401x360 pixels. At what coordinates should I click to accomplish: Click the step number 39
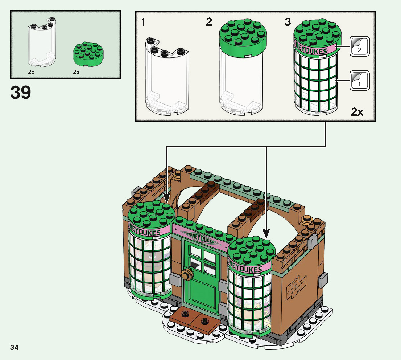pos(21,93)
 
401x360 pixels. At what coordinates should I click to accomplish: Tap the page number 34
pos(15,348)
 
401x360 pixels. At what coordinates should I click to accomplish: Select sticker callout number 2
pos(359,46)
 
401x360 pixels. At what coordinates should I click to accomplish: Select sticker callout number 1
pos(359,80)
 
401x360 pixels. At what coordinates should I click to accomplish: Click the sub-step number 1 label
pos(144,22)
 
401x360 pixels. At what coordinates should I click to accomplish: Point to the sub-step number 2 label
pos(209,22)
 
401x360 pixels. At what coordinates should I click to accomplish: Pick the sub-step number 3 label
pos(288,22)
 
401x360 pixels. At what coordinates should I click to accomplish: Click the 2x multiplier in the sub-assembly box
pos(357,112)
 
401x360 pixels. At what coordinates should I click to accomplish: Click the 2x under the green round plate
pos(76,72)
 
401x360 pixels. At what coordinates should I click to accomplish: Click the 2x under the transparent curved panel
pos(31,72)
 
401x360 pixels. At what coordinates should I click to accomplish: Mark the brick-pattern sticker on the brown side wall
pos(297,285)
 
